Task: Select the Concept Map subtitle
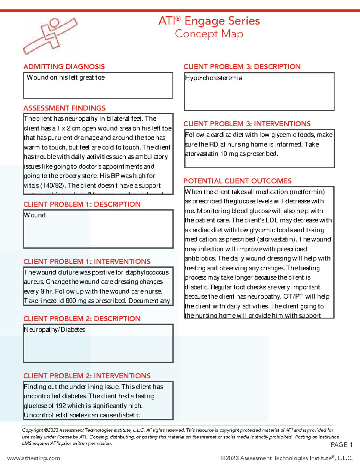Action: pyautogui.click(x=209, y=34)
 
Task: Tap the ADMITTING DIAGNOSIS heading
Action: pyautogui.click(x=64, y=67)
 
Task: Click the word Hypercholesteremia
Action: pyautogui.click(x=213, y=78)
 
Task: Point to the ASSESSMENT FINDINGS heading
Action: pyautogui.click(x=64, y=108)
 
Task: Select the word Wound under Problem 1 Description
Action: pyautogui.click(x=35, y=215)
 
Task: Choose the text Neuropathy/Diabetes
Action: pyautogui.click(x=54, y=329)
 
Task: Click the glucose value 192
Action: pyautogui.click(x=61, y=406)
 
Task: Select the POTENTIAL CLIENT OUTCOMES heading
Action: pyautogui.click(x=237, y=181)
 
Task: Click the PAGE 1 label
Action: pyautogui.click(x=341, y=445)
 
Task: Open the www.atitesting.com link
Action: pyautogui.click(x=34, y=458)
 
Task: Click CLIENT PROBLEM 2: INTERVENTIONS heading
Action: pyautogui.click(x=87, y=376)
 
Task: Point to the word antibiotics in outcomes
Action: pyautogui.click(x=200, y=258)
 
